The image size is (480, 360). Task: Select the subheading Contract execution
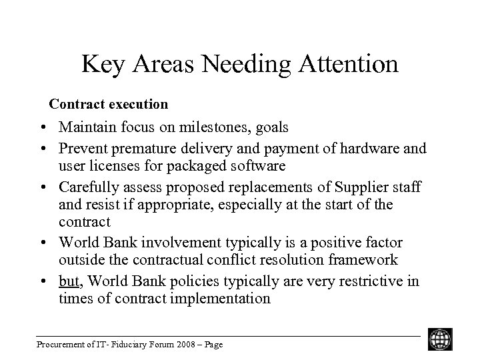tap(109, 104)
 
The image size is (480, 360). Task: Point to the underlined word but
tap(68, 281)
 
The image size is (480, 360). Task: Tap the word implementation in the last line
tap(221, 298)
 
